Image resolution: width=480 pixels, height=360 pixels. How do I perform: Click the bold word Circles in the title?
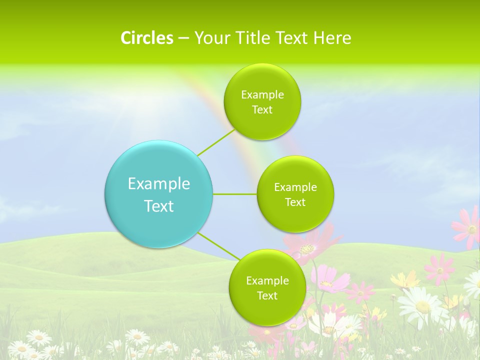pos(146,38)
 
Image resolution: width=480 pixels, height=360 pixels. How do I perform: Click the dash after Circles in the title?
pos(183,38)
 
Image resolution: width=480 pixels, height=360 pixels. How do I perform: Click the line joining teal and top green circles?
pos(215,142)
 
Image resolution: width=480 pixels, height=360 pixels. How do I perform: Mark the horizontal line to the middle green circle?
pos(235,194)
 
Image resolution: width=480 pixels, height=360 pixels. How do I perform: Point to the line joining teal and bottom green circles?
pos(218,246)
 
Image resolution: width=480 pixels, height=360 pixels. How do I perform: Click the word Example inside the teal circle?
pos(159,184)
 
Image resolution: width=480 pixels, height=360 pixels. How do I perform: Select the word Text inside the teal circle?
pos(159,206)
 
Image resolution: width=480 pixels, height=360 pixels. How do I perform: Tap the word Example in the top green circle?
pos(262,95)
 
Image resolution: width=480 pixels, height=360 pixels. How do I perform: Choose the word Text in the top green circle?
pos(262,110)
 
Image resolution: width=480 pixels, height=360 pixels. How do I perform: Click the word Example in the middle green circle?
pos(295,187)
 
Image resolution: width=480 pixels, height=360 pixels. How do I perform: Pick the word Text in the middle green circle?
pos(295,202)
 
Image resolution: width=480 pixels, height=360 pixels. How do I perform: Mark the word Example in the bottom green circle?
pos(267,281)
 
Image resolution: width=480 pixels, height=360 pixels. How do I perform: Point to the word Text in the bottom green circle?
pos(267,296)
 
